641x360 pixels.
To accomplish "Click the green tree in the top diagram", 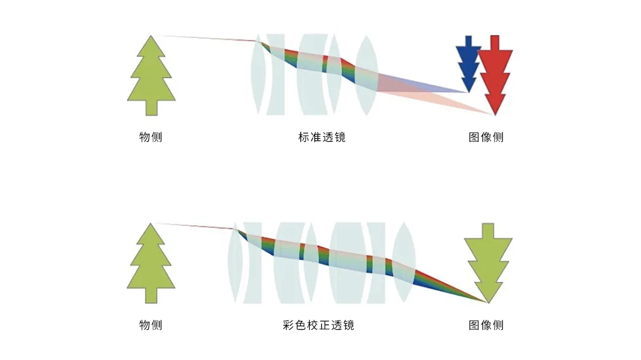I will (x=151, y=77).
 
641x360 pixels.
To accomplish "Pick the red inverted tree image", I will (x=495, y=74).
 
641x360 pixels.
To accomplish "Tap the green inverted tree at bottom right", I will (x=488, y=261).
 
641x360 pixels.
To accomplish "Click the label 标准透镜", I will (x=322, y=138).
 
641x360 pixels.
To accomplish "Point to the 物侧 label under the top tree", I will (x=151, y=138).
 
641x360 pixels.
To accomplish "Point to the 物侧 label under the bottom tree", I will (x=151, y=325).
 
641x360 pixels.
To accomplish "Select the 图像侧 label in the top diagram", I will (x=486, y=138).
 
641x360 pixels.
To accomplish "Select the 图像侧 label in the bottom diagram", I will (x=486, y=325).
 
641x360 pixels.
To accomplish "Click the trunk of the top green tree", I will (x=151, y=108).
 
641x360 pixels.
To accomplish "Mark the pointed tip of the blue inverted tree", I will (x=468, y=91).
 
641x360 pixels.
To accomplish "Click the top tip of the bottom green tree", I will (x=151, y=225).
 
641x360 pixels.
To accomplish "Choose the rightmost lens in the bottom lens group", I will (x=404, y=261).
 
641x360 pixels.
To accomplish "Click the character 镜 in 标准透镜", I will (x=339, y=138).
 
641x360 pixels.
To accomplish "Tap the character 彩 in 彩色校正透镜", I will (x=290, y=325).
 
